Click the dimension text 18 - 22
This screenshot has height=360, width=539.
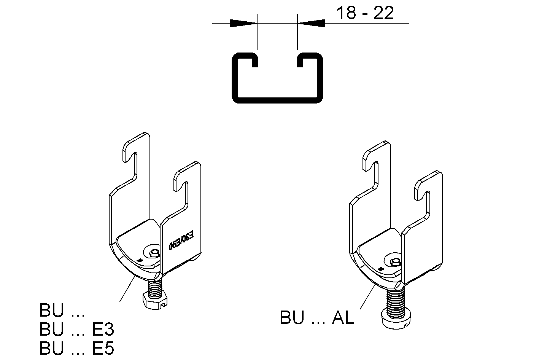[x=365, y=13]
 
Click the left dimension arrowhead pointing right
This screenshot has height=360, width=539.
[x=243, y=23]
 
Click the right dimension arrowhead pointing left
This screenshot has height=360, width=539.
[x=311, y=23]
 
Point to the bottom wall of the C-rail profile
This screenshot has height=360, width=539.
[x=277, y=100]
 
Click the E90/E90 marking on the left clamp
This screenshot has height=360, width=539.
[x=181, y=241]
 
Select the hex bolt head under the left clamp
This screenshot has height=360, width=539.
[x=156, y=301]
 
